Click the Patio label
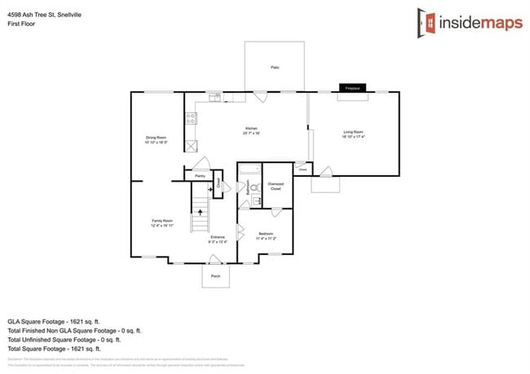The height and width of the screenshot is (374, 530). (x=275, y=67)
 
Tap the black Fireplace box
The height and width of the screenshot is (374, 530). (x=352, y=87)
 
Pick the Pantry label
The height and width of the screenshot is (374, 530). (x=200, y=175)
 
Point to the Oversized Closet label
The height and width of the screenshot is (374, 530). (x=276, y=185)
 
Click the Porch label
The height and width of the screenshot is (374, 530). (x=216, y=276)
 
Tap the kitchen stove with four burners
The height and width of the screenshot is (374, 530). (x=190, y=119)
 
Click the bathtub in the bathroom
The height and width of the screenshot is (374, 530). (x=248, y=170)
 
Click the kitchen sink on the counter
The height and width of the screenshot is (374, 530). (x=214, y=99)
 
